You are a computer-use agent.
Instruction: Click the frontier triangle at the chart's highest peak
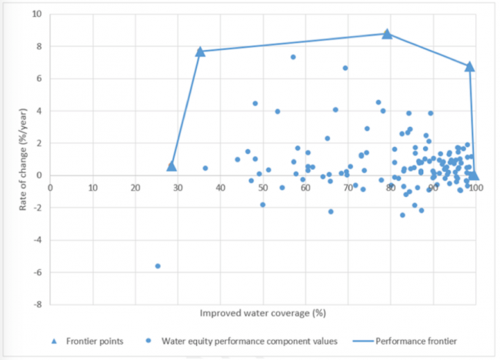(x=387, y=34)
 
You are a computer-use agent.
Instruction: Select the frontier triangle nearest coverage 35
(x=200, y=52)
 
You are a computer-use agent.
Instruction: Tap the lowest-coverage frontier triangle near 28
(x=172, y=166)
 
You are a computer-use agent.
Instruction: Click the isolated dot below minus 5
(x=158, y=265)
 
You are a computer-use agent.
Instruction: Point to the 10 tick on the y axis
(x=37, y=14)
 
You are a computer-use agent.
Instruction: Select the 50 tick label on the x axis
(x=263, y=187)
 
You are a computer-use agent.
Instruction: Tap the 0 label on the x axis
(x=51, y=187)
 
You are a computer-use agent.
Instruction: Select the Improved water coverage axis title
(x=263, y=314)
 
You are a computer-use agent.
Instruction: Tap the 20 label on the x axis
(x=135, y=187)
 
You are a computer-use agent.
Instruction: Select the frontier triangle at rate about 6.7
(x=469, y=67)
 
